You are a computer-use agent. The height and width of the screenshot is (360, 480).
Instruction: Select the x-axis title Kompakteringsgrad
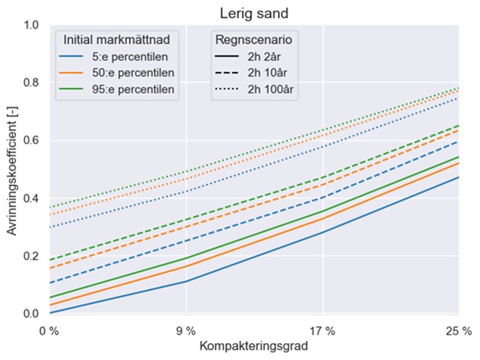pos(253,346)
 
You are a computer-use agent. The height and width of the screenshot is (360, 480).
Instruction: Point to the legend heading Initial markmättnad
pos(121,38)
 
